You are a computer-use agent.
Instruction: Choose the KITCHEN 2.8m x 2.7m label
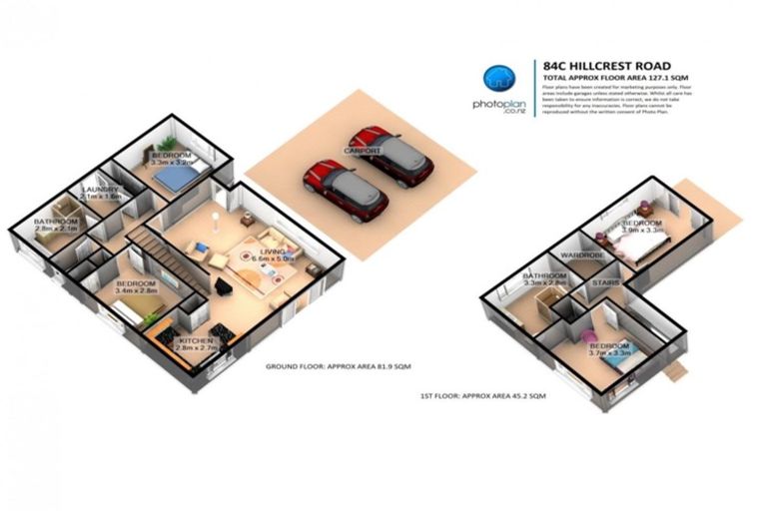click(198, 345)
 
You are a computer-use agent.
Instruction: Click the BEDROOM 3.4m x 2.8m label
click(136, 289)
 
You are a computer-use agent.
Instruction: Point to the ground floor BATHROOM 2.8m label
click(54, 225)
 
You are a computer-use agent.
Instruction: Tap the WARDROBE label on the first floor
click(578, 255)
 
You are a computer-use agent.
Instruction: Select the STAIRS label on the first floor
click(607, 283)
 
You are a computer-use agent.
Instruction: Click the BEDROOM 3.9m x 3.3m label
click(641, 226)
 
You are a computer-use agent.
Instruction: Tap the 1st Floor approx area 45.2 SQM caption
click(483, 396)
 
